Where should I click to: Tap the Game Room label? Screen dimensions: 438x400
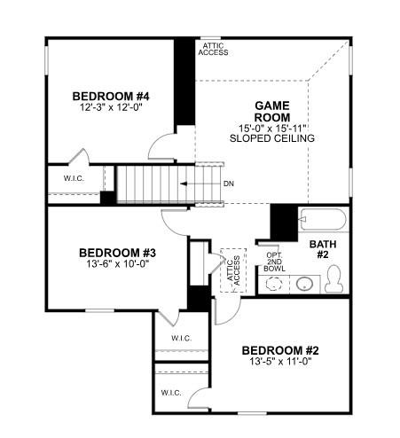(272, 110)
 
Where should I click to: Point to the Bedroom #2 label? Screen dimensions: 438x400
(279, 351)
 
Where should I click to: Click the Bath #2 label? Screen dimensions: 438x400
(321, 249)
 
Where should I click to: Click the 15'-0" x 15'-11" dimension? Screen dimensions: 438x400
(272, 127)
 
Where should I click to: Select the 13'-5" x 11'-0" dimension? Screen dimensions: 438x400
(279, 364)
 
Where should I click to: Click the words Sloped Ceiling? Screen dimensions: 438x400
(272, 138)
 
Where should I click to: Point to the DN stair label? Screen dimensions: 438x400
(228, 184)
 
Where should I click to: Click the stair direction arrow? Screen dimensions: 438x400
(196, 184)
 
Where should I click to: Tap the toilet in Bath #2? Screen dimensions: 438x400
(333, 281)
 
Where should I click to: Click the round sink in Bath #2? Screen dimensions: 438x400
(303, 285)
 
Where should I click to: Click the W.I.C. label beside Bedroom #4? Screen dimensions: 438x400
(73, 178)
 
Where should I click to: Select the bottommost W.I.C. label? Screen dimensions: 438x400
(171, 392)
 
